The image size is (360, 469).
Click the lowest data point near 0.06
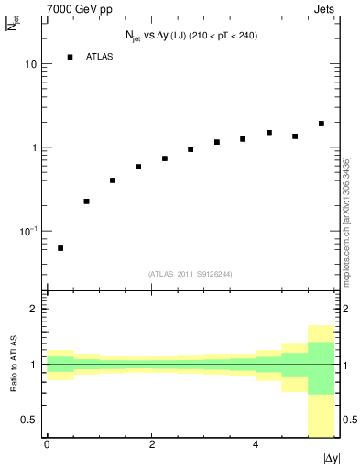point(60,248)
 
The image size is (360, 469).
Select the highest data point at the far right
point(322,124)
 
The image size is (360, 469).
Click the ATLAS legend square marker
point(71,57)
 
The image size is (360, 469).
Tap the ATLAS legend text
point(99,57)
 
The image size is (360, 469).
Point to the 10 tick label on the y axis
point(31,65)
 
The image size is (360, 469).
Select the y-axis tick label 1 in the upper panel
point(35,147)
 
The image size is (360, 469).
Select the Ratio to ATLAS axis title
point(13,364)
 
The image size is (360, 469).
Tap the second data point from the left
point(86,202)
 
